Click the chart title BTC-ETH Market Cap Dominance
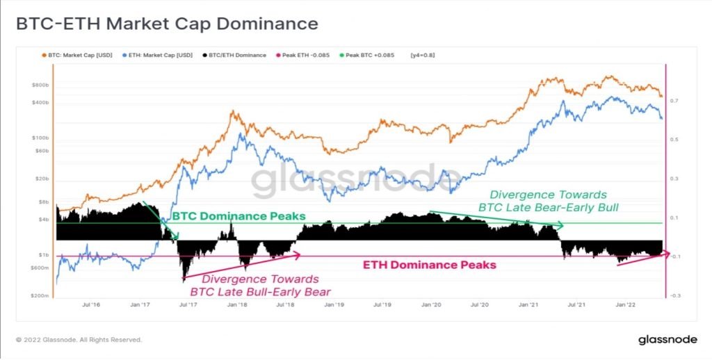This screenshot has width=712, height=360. tap(167, 24)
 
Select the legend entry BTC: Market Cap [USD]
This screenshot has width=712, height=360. tap(76, 56)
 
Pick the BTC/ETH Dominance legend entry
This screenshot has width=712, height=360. tap(234, 56)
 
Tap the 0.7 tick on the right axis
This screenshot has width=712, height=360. tap(674, 100)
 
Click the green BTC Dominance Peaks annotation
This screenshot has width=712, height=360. tap(238, 216)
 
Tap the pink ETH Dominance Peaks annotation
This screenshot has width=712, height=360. tap(429, 265)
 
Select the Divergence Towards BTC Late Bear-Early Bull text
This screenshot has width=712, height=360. tap(548, 201)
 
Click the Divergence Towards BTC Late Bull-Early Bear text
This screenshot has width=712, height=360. tap(260, 285)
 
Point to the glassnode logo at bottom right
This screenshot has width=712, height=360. tap(667, 340)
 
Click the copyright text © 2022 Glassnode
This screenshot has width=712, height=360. tap(79, 340)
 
